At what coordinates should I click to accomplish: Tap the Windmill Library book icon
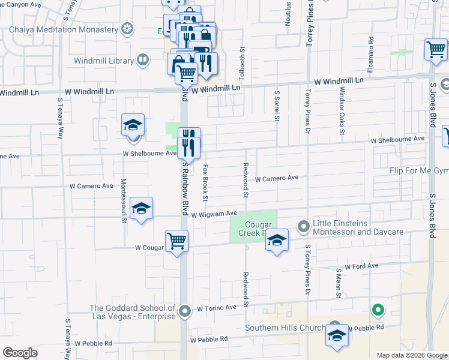[x=142, y=60]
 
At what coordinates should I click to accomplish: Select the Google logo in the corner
[x=20, y=353]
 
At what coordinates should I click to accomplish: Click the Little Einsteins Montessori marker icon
[x=304, y=226]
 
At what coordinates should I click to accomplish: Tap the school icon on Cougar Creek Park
[x=276, y=241]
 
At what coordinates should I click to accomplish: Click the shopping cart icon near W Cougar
[x=176, y=241]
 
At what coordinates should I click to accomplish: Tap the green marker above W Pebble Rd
[x=378, y=311]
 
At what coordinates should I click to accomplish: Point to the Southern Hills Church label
[x=285, y=328]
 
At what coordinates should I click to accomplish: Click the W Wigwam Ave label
[x=215, y=214]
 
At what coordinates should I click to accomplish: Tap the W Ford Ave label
[x=361, y=266]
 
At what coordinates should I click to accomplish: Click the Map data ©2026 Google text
[x=412, y=355]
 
